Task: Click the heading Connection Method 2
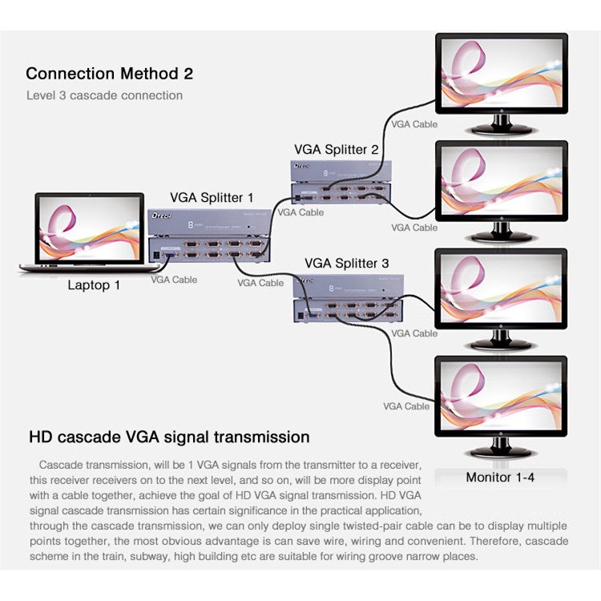[x=109, y=74]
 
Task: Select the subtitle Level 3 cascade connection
[x=104, y=95]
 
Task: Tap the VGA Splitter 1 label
[x=212, y=197]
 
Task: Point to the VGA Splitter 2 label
[x=336, y=149]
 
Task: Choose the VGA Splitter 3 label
[x=347, y=263]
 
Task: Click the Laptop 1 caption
[x=94, y=284]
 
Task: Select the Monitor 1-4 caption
[x=500, y=478]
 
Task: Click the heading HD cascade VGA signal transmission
[x=169, y=437]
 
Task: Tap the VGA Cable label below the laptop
[x=174, y=280]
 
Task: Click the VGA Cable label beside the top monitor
[x=414, y=124]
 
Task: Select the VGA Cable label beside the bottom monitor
[x=406, y=406]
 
